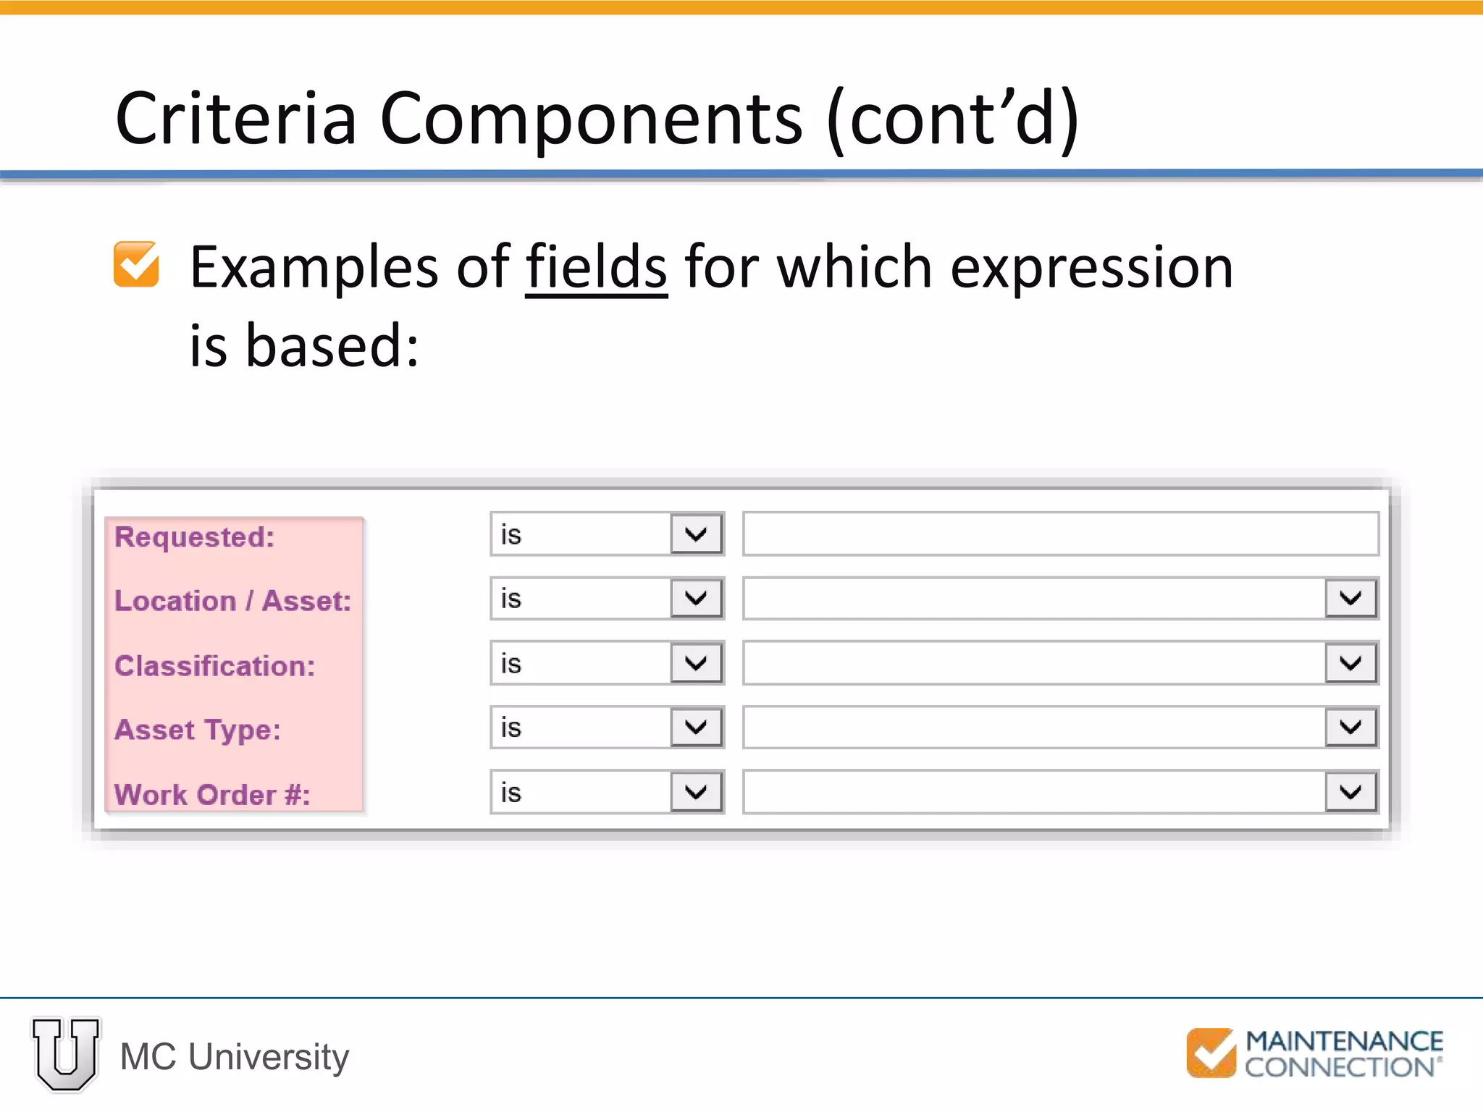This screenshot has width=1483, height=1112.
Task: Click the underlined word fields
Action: [x=595, y=267]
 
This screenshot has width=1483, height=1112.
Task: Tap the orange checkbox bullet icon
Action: [x=136, y=264]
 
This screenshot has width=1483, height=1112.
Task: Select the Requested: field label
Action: [x=194, y=537]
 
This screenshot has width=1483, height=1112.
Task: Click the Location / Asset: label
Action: [x=232, y=601]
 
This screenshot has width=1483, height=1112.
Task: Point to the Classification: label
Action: [x=214, y=666]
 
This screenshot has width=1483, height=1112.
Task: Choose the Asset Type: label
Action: [x=197, y=730]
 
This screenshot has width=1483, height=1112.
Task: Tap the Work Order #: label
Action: [x=211, y=795]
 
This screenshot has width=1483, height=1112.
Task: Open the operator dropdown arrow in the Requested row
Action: [x=696, y=534]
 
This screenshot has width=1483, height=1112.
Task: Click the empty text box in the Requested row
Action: [x=1060, y=534]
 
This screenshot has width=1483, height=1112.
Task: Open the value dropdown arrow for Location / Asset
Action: [x=1350, y=599]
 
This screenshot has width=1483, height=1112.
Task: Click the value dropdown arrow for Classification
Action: [x=1350, y=663]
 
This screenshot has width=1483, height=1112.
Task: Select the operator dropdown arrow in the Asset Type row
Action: [x=696, y=727]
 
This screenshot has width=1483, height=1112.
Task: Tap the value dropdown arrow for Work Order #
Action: [x=1350, y=792]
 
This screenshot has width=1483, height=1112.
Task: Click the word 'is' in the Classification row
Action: [x=511, y=664]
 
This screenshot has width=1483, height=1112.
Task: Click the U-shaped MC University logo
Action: [x=66, y=1053]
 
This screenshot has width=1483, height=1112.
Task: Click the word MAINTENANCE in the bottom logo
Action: [x=1344, y=1042]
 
